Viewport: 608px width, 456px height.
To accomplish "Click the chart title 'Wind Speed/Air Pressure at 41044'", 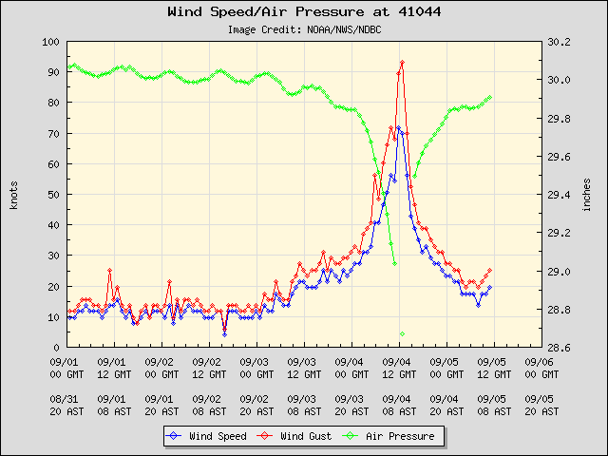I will pos(304,12).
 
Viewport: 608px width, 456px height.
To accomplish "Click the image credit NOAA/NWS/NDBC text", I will pos(304,29).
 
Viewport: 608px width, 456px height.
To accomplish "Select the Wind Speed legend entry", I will pos(206,436).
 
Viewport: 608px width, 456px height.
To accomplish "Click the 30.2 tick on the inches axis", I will pos(558,43).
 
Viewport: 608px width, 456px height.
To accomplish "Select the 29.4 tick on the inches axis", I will pos(558,195).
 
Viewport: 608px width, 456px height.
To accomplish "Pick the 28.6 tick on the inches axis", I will pos(558,348).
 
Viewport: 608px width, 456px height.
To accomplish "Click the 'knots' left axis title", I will pos(14,195).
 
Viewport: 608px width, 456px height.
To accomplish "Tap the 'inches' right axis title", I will pos(588,195).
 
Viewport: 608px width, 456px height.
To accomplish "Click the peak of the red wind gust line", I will pos(403,63).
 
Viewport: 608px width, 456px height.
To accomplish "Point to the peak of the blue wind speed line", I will pos(399,127).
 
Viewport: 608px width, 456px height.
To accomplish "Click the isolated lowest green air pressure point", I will pos(403,333).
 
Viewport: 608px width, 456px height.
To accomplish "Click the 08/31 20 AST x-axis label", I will pos(66,405).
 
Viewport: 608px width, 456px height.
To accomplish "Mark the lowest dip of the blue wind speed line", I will pos(224,334).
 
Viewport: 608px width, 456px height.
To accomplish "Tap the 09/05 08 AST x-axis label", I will pos(492,405).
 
